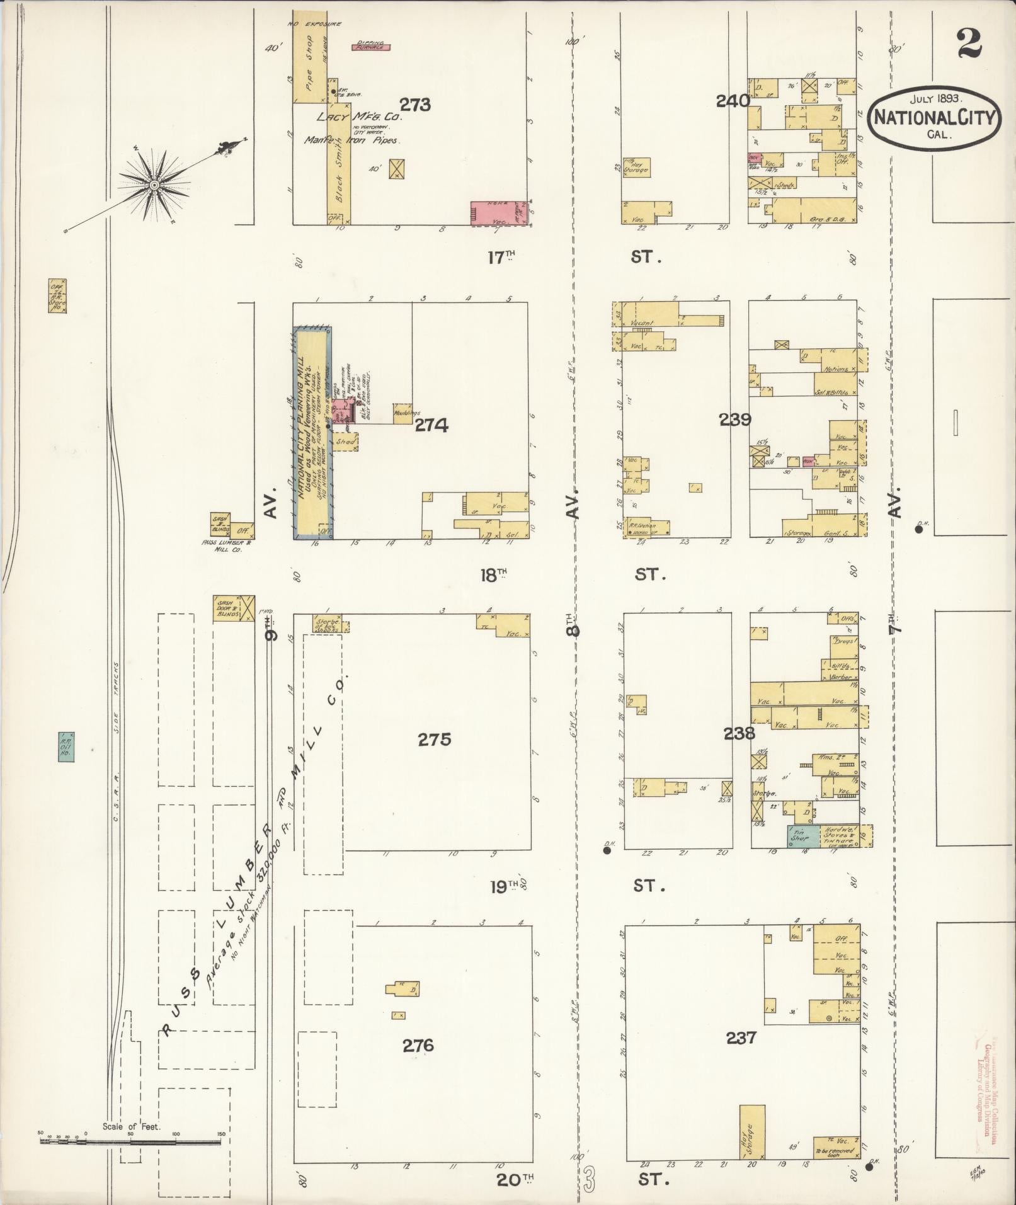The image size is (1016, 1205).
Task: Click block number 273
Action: tap(415, 105)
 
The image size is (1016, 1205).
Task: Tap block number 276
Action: tap(418, 1046)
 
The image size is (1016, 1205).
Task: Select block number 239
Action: tap(735, 420)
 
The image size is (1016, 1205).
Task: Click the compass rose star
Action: tap(153, 185)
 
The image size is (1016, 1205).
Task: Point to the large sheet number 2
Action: tap(969, 43)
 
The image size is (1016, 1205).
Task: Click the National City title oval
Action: tap(934, 118)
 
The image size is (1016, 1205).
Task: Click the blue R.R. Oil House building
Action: tap(66, 746)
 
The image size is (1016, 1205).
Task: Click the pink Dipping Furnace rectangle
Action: tap(370, 47)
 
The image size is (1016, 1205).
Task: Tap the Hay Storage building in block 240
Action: tap(636, 167)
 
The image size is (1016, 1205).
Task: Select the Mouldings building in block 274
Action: tap(402, 414)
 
